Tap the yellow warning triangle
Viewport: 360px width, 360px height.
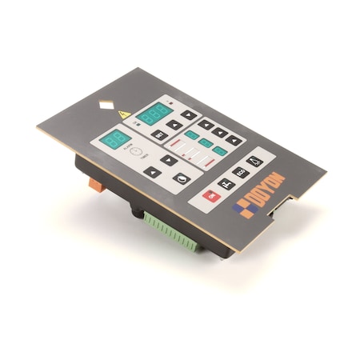click(x=124, y=114)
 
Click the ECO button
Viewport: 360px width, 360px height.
click(x=240, y=171)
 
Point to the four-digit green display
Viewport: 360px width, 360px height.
click(x=151, y=113)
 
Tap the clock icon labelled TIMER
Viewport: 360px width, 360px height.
click(x=137, y=152)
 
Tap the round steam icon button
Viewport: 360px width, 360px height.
click(x=184, y=177)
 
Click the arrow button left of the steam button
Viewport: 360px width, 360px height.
click(x=152, y=170)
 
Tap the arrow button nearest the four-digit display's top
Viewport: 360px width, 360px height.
click(x=188, y=114)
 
